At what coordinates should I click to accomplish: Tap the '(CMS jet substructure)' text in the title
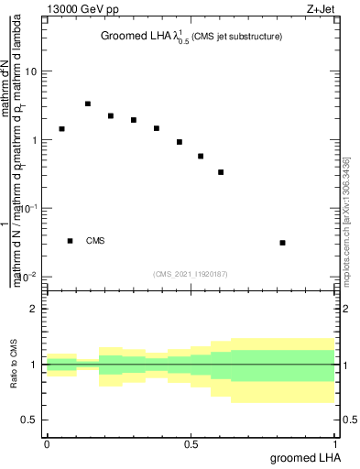tap(237, 37)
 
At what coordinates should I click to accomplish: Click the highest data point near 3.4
tap(88, 104)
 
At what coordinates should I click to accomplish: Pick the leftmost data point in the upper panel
tap(62, 129)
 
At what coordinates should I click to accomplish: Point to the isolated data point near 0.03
tap(282, 243)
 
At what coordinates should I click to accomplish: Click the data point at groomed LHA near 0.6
tap(221, 172)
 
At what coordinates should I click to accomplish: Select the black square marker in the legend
tap(70, 241)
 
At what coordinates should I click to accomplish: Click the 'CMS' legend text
tap(95, 241)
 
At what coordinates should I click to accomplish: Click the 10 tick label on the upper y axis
tap(32, 71)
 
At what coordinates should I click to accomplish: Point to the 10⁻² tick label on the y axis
tap(28, 277)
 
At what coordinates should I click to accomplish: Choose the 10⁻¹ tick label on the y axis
tap(28, 209)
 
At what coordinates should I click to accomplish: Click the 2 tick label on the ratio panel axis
tap(36, 309)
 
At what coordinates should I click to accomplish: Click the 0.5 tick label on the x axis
tap(191, 442)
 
